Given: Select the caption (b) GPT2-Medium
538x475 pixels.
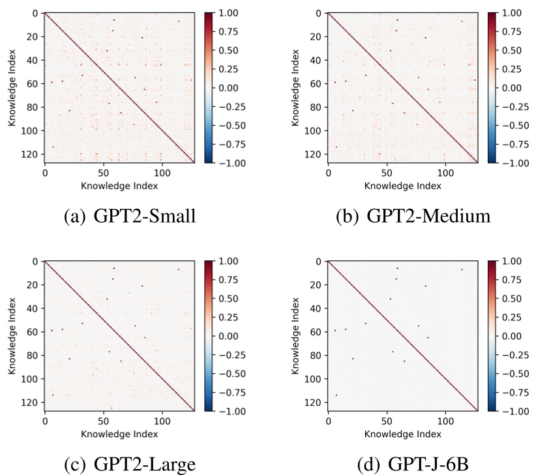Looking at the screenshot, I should [403, 215].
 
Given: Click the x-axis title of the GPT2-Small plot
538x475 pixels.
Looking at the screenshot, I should [119, 186].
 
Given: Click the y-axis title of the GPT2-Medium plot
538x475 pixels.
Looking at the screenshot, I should [295, 87].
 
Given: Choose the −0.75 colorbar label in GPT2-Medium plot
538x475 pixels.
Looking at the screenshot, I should [514, 144].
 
